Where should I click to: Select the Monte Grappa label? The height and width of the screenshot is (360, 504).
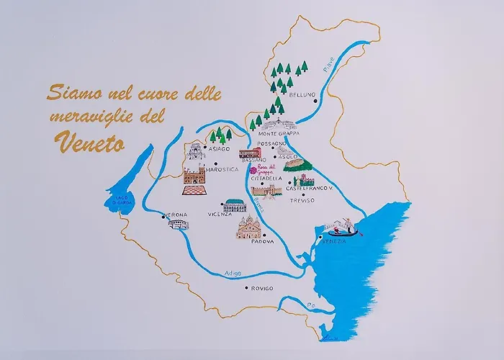coord(278,133)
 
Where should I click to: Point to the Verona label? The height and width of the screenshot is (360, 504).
coord(176,215)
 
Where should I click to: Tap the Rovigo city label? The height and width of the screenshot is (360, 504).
coord(261,288)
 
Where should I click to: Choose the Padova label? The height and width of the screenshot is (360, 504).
coord(263,242)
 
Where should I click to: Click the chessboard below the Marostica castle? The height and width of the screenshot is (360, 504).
coord(192,191)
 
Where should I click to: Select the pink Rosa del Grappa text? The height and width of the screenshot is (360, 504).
coord(266,171)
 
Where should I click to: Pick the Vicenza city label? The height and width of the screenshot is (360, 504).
coord(220,214)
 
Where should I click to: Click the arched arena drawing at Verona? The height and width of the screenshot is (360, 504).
coord(178,225)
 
